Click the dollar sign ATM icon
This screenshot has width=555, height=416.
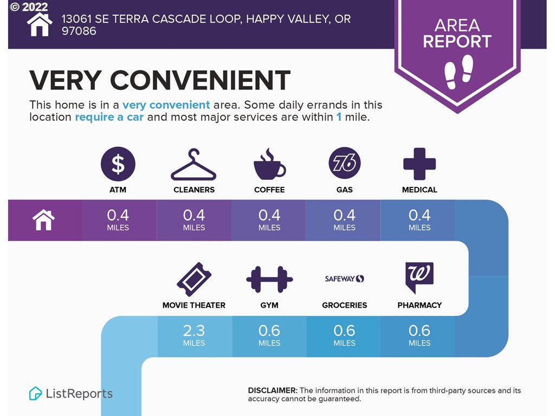118,164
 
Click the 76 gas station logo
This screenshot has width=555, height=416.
344,163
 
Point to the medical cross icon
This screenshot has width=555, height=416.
420,164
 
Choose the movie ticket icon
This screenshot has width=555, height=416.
194,279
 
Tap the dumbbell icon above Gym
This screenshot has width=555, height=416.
269,279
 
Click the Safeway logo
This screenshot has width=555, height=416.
344,279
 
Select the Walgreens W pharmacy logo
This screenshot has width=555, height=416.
420,278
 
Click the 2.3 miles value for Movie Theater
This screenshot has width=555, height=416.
194,335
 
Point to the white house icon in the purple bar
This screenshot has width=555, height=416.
43,220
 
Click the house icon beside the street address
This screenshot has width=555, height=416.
40,24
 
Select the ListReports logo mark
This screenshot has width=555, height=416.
35,393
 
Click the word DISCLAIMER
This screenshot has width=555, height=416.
273,391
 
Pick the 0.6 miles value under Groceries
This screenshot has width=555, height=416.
344,335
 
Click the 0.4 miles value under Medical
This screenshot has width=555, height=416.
420,219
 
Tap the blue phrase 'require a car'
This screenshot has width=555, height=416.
109,117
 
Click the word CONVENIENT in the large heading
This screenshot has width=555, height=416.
201,80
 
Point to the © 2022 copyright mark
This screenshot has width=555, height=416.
29,6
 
